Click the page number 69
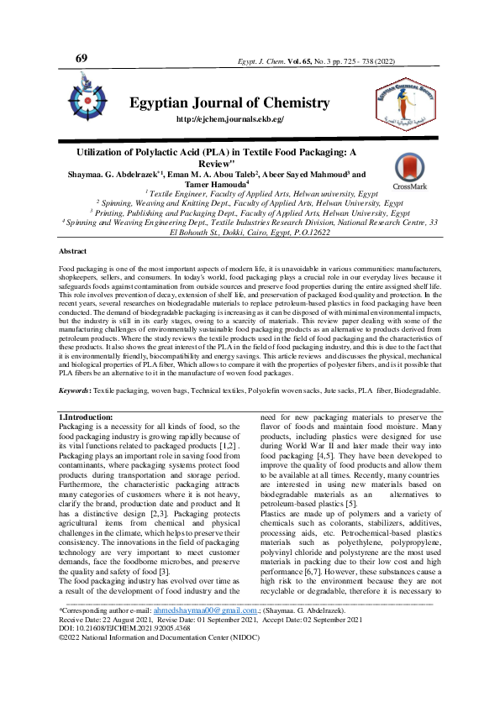82,58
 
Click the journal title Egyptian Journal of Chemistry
229,103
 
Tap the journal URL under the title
229,120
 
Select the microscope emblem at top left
87,95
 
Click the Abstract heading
71,251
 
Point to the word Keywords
76,390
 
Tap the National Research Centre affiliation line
250,223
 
